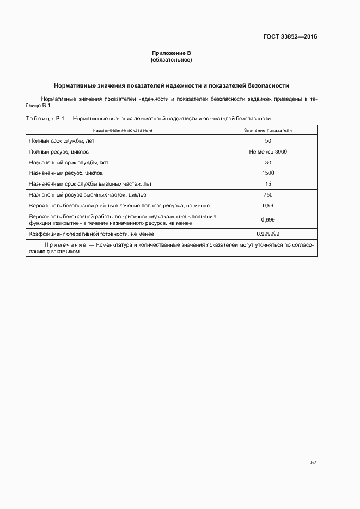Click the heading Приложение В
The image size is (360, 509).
pos(172,53)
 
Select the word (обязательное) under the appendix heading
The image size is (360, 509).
pos(172,59)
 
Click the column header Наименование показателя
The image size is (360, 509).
pos(122,131)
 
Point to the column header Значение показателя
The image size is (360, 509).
pos(268,131)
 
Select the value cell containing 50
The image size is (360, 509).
pos(268,141)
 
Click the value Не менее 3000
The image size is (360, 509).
pos(268,152)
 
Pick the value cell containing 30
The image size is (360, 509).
pos(268,162)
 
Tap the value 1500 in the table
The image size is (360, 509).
pos(268,173)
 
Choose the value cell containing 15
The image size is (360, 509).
pos(268,183)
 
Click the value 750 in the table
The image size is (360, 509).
pos(268,194)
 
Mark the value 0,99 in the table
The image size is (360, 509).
pos(268,205)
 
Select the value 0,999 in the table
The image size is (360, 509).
pos(268,219)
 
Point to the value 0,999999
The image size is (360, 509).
pos(268,234)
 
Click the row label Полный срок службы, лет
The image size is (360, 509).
pos(62,141)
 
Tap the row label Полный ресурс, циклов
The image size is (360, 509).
pos(59,152)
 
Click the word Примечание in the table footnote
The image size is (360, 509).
pos(68,245)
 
